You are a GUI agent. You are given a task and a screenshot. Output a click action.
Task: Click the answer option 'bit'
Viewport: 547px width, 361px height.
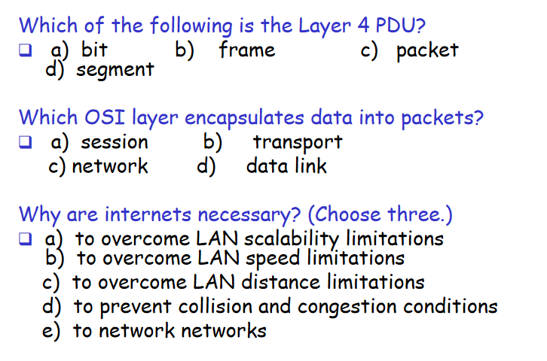(x=94, y=50)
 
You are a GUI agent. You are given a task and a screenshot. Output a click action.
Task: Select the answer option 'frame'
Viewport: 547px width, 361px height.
(x=247, y=50)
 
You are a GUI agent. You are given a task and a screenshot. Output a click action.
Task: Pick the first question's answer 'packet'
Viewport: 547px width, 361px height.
(x=427, y=50)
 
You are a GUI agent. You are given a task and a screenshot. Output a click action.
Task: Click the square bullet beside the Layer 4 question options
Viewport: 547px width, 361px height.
(x=26, y=50)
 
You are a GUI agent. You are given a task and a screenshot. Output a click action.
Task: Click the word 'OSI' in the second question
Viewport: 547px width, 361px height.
(x=104, y=117)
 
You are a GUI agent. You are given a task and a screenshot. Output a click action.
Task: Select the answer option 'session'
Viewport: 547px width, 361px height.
(x=115, y=142)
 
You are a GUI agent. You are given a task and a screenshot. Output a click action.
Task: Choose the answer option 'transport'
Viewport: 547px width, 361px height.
(x=298, y=142)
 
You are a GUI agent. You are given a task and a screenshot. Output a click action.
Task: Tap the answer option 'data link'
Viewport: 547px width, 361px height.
(x=286, y=165)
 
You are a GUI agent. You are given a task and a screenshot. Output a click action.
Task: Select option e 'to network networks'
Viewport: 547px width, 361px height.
(x=169, y=331)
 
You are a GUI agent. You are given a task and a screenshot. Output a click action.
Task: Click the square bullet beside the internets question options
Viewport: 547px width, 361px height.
(x=26, y=240)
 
